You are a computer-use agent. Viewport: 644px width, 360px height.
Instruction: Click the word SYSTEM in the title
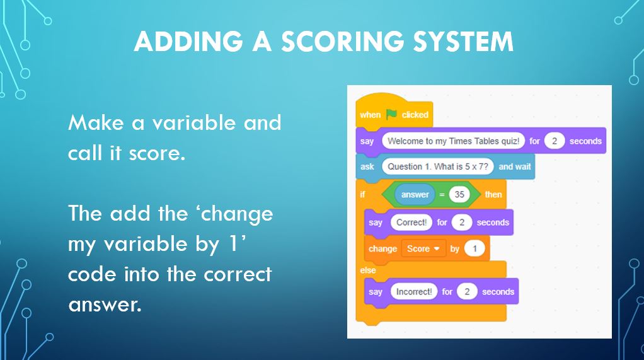click(x=463, y=42)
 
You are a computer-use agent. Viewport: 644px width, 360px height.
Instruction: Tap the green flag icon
click(x=391, y=114)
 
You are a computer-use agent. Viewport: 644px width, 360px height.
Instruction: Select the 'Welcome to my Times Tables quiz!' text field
click(x=453, y=141)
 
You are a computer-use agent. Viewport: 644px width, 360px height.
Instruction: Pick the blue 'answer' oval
click(x=415, y=194)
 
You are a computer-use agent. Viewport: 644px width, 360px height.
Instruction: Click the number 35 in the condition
click(x=459, y=194)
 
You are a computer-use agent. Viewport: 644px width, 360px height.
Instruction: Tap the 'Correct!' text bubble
click(x=411, y=222)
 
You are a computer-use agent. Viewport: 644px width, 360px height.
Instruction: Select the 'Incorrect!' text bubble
click(x=414, y=291)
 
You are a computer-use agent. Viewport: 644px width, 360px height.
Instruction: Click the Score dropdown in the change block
click(x=422, y=248)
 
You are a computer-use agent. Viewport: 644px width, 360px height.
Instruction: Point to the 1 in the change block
click(x=474, y=248)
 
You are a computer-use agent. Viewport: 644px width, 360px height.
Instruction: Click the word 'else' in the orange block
click(x=368, y=270)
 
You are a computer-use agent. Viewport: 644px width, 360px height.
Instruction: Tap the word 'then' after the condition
click(x=493, y=194)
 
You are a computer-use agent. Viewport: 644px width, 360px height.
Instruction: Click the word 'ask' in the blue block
click(x=367, y=166)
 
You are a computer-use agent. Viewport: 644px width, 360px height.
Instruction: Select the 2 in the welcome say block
click(x=555, y=141)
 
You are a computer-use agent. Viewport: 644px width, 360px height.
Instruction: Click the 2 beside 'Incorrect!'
click(x=467, y=291)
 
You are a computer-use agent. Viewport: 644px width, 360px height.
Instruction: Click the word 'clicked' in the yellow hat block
click(x=415, y=115)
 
